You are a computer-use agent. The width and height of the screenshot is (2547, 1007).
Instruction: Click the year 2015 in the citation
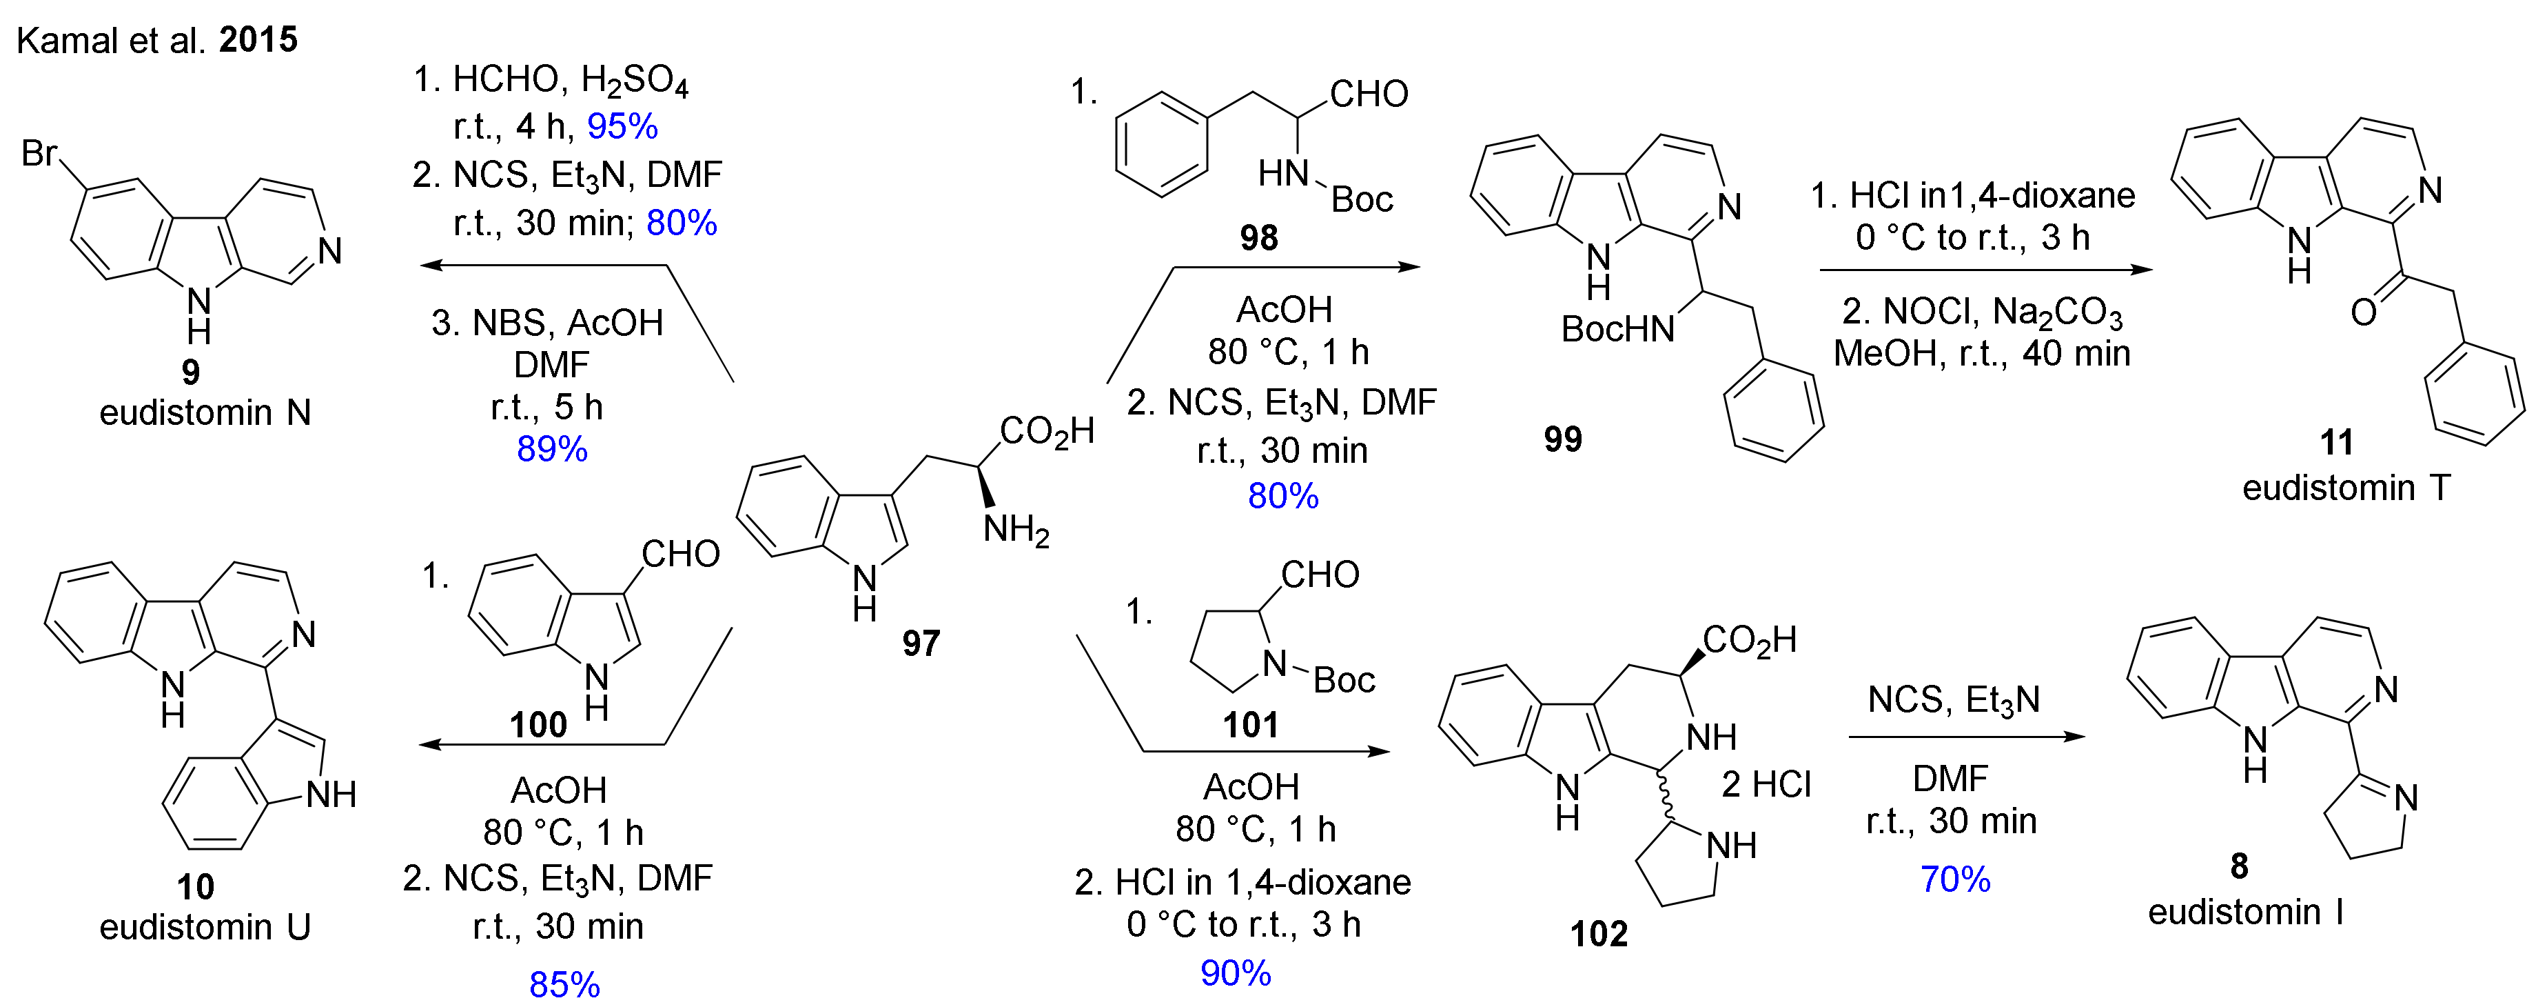(x=258, y=39)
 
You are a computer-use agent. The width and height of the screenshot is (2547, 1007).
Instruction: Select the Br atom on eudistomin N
(x=39, y=153)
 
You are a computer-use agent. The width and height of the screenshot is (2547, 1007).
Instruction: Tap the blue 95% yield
(x=622, y=127)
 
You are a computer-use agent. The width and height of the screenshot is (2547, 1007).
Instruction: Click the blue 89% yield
(x=552, y=449)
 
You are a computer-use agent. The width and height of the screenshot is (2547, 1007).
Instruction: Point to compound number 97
(x=921, y=644)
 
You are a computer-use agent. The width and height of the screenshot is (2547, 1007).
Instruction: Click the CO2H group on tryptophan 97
(x=1046, y=431)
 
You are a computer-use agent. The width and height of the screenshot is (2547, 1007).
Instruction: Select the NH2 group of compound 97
(x=1016, y=530)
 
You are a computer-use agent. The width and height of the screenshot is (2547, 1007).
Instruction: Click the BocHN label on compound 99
(x=1617, y=330)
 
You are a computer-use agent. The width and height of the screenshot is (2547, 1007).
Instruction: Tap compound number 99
(x=1562, y=439)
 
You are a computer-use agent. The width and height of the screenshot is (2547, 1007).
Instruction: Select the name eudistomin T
(x=2345, y=488)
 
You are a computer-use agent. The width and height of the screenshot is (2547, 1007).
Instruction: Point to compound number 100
(x=538, y=725)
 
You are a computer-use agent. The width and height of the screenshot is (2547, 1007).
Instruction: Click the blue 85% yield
(x=564, y=984)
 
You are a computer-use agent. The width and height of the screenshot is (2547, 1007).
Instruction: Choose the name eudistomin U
(x=205, y=927)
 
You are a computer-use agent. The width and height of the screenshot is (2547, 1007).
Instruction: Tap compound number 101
(x=1251, y=725)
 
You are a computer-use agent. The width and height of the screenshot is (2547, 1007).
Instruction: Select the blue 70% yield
(x=1955, y=879)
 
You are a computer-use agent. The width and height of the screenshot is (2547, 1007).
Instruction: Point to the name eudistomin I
(x=2245, y=911)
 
